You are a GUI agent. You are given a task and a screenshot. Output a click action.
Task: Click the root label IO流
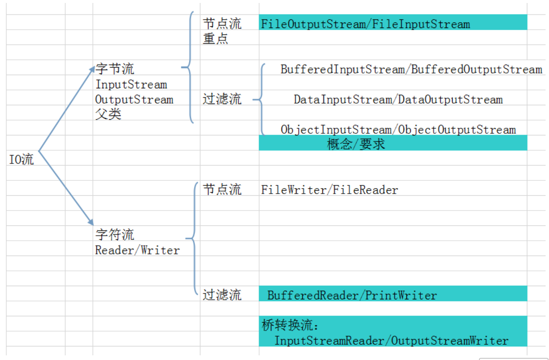pos(22,160)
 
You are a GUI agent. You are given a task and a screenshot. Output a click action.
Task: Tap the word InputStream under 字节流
pos(131,84)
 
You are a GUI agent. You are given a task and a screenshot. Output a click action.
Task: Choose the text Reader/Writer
pos(137,250)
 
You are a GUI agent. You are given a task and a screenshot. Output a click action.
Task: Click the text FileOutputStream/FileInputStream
pos(366,24)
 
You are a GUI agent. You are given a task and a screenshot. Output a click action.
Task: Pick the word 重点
pos(215,39)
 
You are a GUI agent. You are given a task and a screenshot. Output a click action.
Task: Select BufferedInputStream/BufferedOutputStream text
pos(411,70)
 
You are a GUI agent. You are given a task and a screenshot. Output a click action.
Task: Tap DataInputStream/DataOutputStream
pos(398,100)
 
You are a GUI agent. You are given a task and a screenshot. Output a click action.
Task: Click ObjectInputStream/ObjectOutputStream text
pos(398,129)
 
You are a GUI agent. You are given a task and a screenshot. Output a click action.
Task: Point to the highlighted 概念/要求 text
pos(356,144)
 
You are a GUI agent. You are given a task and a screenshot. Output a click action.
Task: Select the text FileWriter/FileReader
pos(329,190)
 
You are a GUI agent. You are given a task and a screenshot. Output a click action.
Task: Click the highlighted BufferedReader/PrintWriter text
pos(352,295)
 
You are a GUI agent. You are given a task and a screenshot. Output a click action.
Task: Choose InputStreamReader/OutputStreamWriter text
pos(391,340)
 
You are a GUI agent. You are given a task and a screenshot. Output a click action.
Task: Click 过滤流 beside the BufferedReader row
pos(222,295)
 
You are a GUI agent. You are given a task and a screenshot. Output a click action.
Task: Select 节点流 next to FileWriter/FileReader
pos(222,189)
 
